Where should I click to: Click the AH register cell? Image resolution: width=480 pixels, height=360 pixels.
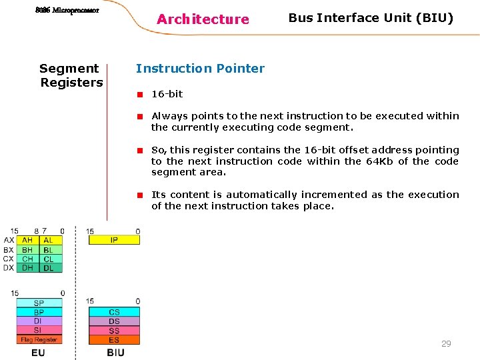tap(27, 240)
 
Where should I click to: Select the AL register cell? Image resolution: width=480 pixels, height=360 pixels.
tap(49, 240)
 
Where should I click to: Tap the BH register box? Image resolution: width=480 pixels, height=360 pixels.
tap(27, 249)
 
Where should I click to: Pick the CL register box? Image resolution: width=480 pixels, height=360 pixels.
tap(49, 259)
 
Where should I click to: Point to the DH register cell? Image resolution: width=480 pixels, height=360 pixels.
tap(27, 268)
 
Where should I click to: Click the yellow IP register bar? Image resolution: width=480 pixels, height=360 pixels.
tap(114, 240)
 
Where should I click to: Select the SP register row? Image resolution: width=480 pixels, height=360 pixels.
tap(39, 303)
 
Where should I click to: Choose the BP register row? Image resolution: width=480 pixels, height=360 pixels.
tap(39, 312)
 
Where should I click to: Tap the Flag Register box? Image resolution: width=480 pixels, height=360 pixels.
tap(39, 339)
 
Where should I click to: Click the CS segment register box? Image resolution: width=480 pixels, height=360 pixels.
tap(114, 312)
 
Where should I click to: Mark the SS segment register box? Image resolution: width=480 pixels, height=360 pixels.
tap(114, 331)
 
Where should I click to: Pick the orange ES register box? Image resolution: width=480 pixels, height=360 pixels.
tap(114, 340)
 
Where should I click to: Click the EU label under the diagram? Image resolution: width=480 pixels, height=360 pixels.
tap(38, 352)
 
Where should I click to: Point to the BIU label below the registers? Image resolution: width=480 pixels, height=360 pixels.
tap(115, 352)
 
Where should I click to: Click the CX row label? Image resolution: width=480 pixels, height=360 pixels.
tap(9, 259)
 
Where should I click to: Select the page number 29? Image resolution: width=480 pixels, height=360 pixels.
tap(446, 344)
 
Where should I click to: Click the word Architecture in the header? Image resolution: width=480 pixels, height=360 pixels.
tap(203, 19)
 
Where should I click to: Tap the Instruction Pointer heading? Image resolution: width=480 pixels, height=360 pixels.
tap(200, 68)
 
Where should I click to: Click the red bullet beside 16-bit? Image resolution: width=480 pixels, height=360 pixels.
tap(141, 94)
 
